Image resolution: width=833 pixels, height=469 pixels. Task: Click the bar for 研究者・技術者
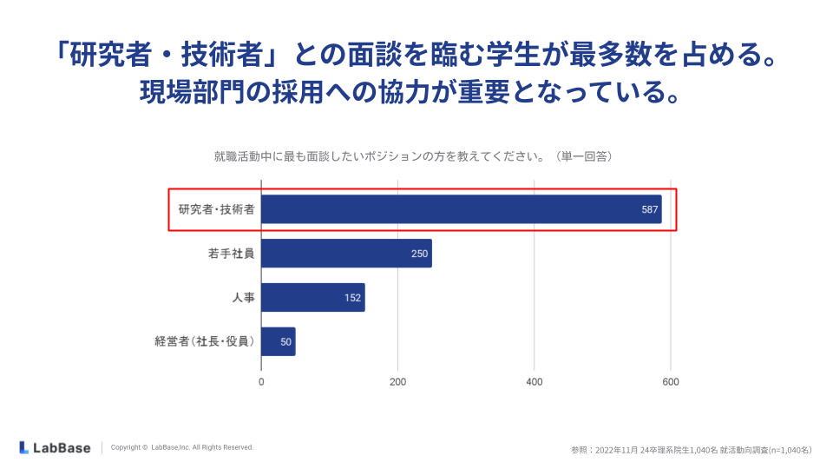pyautogui.click(x=460, y=209)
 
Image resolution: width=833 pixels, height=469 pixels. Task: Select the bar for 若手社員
pyautogui.click(x=345, y=254)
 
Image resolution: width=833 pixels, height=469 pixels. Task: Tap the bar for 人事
pyautogui.click(x=312, y=297)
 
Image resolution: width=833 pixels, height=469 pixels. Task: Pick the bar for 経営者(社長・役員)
pyautogui.click(x=278, y=341)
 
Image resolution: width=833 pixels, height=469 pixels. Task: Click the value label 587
pyautogui.click(x=650, y=210)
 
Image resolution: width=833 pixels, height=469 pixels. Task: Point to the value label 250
pyautogui.click(x=420, y=254)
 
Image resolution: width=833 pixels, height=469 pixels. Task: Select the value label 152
pyautogui.click(x=352, y=298)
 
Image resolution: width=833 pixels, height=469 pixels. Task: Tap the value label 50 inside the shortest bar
pyautogui.click(x=285, y=341)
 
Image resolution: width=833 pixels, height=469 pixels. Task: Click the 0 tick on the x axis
pyautogui.click(x=261, y=381)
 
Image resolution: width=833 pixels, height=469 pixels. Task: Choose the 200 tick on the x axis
pyautogui.click(x=397, y=381)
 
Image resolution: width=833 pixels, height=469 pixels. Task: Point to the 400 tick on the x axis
pyautogui.click(x=535, y=381)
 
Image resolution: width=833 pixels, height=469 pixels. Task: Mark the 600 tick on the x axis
pyautogui.click(x=671, y=381)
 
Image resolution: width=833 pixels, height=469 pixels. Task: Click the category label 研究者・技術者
pyautogui.click(x=216, y=210)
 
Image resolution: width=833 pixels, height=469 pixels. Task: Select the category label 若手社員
pyautogui.click(x=231, y=254)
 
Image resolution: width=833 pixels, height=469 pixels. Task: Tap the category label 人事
pyautogui.click(x=243, y=297)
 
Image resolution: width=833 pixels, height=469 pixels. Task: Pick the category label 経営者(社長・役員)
pyautogui.click(x=205, y=341)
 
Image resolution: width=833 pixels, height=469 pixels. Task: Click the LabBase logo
pyautogui.click(x=55, y=447)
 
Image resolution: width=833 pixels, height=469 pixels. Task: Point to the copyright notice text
pyautogui.click(x=182, y=447)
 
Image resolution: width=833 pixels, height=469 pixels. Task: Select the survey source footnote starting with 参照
pyautogui.click(x=691, y=450)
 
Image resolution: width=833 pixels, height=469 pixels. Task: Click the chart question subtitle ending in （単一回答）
pyautogui.click(x=414, y=156)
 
